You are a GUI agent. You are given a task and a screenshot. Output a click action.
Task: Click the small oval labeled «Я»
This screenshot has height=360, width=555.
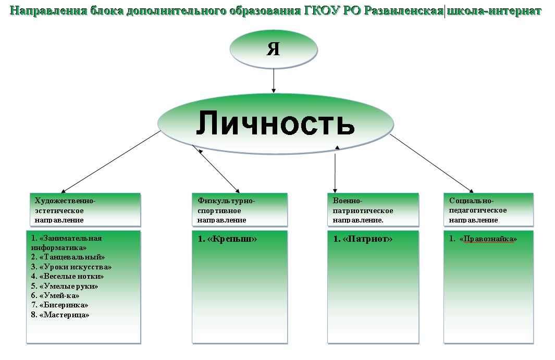tap(274, 49)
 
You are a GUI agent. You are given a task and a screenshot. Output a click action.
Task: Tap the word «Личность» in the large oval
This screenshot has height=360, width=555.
tap(275, 123)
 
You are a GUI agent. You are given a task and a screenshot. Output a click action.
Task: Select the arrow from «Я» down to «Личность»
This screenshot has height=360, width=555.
tap(274, 81)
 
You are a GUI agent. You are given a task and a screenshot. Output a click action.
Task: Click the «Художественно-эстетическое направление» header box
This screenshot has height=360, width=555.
tap(85, 210)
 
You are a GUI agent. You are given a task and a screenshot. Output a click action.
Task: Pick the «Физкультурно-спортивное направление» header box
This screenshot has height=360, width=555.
tap(240, 210)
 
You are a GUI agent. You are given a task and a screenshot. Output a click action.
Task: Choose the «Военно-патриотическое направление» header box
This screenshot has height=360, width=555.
tap(373, 210)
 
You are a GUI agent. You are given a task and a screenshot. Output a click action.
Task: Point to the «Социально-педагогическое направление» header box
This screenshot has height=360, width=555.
tap(488, 210)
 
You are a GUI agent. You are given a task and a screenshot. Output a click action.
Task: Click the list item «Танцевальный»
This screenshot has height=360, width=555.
tap(68, 257)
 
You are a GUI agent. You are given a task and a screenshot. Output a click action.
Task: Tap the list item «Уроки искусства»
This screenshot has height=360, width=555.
tap(71, 267)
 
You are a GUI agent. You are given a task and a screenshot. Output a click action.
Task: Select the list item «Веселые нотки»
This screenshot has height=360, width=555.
tap(67, 276)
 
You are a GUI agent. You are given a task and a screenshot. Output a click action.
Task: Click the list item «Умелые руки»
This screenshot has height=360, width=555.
tap(65, 286)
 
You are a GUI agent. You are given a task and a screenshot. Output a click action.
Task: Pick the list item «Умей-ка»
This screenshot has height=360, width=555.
tap(55, 295)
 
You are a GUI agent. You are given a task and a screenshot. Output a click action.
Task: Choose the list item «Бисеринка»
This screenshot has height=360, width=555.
tap(59, 305)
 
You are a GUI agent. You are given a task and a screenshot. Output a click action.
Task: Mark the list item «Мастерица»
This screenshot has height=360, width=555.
tap(60, 315)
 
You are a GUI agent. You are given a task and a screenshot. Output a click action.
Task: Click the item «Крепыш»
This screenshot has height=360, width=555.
tap(227, 239)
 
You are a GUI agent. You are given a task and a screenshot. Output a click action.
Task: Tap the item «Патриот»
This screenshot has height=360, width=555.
tap(363, 239)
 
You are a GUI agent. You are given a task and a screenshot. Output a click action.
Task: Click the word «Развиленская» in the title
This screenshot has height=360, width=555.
tap(403, 10)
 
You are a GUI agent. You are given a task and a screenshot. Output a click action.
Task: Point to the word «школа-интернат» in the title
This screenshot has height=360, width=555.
tap(494, 10)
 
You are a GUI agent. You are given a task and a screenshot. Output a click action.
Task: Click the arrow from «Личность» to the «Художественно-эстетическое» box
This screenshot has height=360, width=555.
tap(111, 162)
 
